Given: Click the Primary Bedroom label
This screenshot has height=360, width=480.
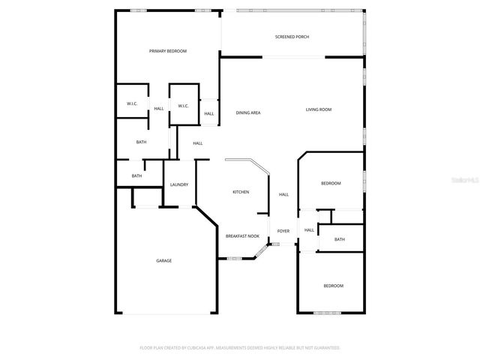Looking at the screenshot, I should tap(167, 51).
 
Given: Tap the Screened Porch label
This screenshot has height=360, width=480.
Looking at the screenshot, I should tap(292, 37).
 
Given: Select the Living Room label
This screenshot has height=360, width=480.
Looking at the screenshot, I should tap(318, 109).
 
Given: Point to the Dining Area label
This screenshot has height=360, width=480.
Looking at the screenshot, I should tap(248, 112).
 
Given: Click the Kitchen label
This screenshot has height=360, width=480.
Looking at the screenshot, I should tap(241, 192).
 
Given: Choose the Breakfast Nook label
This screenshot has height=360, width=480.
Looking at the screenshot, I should tap(242, 236).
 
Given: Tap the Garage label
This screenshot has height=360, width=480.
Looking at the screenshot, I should tap(163, 260).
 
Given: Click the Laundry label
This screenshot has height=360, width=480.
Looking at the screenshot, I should tap(178, 184).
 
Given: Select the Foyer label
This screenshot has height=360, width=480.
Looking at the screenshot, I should tap(283, 231).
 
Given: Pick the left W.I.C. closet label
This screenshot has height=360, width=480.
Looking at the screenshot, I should tap(131, 104).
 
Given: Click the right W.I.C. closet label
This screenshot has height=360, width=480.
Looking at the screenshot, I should tap(183, 106).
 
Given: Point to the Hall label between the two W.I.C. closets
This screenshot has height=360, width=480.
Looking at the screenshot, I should tap(159, 109).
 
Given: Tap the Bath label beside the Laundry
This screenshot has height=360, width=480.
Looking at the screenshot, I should tap(136, 176).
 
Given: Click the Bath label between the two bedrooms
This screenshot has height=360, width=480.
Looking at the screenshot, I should tap(340, 239).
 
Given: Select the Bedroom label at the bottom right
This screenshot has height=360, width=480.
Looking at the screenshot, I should tap(333, 286).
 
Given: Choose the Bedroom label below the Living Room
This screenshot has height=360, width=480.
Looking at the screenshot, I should tap(331, 183).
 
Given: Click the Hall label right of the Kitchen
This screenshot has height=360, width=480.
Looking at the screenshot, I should tap(283, 195).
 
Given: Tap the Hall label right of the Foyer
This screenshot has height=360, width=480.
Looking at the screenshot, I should tap(309, 230).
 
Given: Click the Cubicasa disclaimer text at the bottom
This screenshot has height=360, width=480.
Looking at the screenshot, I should tap(240, 348).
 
